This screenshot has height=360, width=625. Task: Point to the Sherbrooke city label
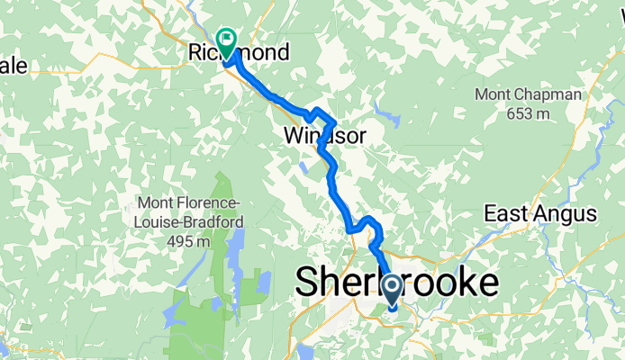[397, 283]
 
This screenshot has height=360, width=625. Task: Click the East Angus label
[540, 213]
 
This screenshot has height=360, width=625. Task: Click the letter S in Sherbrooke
[310, 283]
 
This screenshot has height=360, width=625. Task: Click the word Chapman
[555, 94]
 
